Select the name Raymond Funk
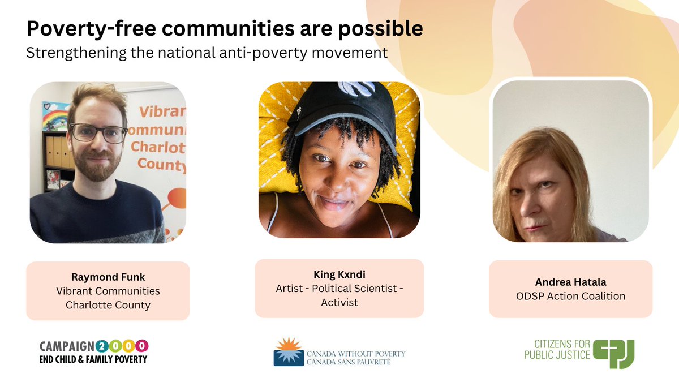point(108,277)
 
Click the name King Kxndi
point(339,274)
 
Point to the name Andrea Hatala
point(570,282)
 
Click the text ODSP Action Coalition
point(570,296)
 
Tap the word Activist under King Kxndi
point(339,303)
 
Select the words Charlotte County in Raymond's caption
point(108,305)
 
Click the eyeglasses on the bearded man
point(97,133)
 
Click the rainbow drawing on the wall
point(55,118)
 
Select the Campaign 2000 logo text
point(93,346)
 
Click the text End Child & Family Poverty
point(93,359)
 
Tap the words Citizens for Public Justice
point(557,350)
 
